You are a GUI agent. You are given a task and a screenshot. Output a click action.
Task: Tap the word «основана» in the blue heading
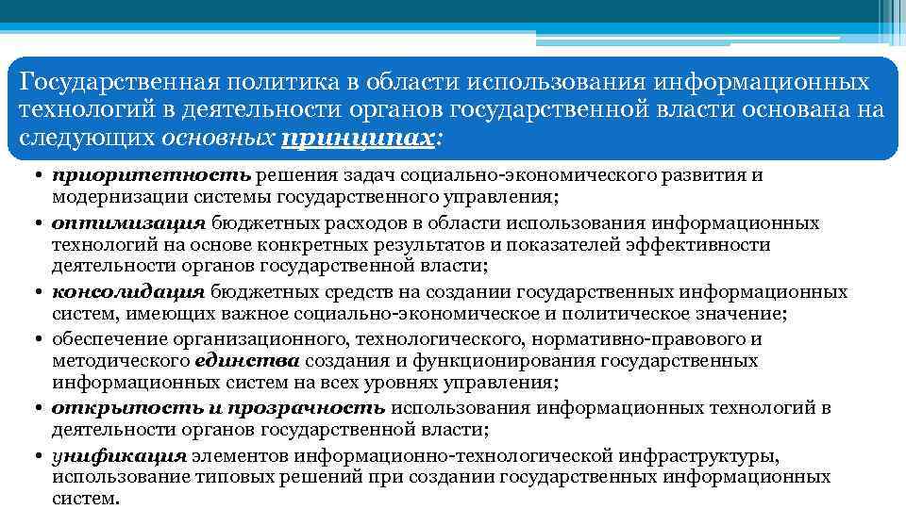tap(808, 109)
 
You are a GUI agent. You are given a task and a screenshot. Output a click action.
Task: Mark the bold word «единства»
tap(247, 361)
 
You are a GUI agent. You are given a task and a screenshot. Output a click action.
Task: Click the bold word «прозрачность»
tap(317, 407)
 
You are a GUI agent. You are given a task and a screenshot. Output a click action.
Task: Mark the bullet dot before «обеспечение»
tap(31, 338)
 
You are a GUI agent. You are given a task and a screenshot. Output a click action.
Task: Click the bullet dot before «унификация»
tap(31, 455)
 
